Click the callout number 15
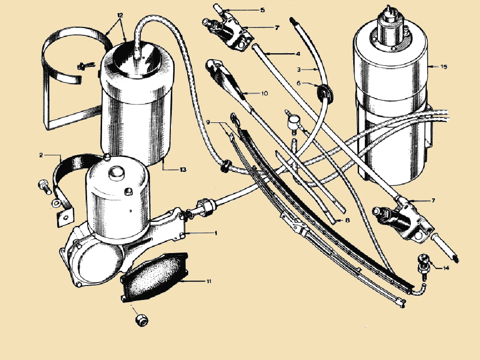[x=444, y=66]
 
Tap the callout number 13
[x=183, y=169]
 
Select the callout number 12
[x=120, y=15]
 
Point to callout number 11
[x=209, y=281]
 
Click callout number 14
[x=446, y=268]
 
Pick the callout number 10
[x=265, y=93]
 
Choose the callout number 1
[x=216, y=233]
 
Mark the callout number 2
[x=41, y=155]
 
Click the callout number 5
[x=263, y=10]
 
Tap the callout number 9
[x=208, y=122]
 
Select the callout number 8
[x=347, y=220]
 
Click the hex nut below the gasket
[x=142, y=320]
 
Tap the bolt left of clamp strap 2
[x=45, y=187]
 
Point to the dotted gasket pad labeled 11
[x=154, y=277]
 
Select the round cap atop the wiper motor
[x=116, y=174]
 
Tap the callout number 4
[x=298, y=54]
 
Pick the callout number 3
[x=299, y=70]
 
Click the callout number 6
[x=299, y=83]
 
